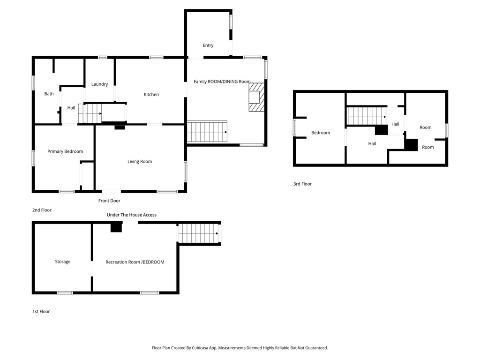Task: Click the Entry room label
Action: point(208,45)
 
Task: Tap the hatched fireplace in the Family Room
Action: point(256,97)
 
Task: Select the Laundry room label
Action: point(99,84)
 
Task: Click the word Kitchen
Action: point(151,95)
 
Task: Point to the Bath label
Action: point(49,94)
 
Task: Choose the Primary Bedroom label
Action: point(65,151)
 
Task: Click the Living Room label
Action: point(140,162)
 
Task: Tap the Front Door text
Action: point(109,201)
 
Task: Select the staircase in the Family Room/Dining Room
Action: point(207,132)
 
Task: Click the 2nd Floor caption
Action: point(42,210)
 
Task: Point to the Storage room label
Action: point(63,262)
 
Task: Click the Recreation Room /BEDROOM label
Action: point(135,262)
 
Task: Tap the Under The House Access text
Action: point(132,215)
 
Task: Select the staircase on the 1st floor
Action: point(199,233)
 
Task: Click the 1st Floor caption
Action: point(41,311)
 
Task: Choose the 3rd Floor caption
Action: point(302,184)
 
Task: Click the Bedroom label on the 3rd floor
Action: point(321,133)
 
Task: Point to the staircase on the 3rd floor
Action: point(366,116)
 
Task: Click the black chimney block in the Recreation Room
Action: point(116,227)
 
